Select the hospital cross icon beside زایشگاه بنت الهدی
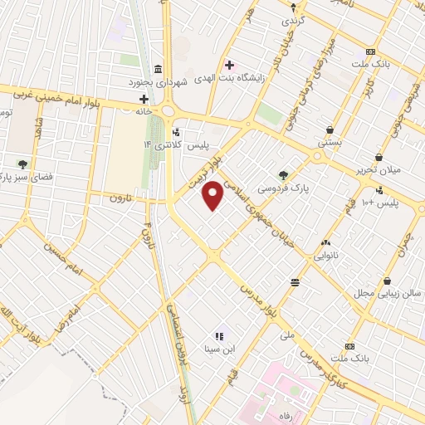[x=228, y=65]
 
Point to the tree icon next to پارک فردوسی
[x=284, y=175]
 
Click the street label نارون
[x=121, y=198]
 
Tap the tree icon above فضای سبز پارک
[x=22, y=164]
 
